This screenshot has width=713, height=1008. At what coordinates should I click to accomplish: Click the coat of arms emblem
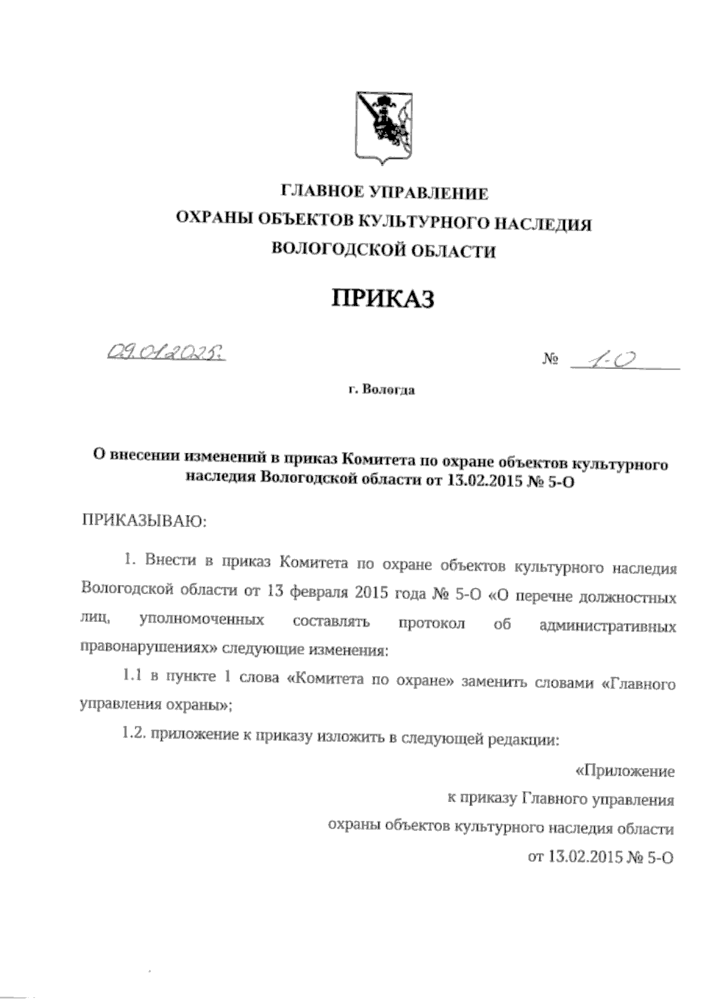[x=383, y=126]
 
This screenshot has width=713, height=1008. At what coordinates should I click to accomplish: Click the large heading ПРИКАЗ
[x=383, y=298]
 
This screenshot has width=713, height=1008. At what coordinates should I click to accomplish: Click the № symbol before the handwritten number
[x=550, y=361]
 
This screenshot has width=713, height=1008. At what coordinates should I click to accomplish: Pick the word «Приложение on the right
[x=625, y=772]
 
